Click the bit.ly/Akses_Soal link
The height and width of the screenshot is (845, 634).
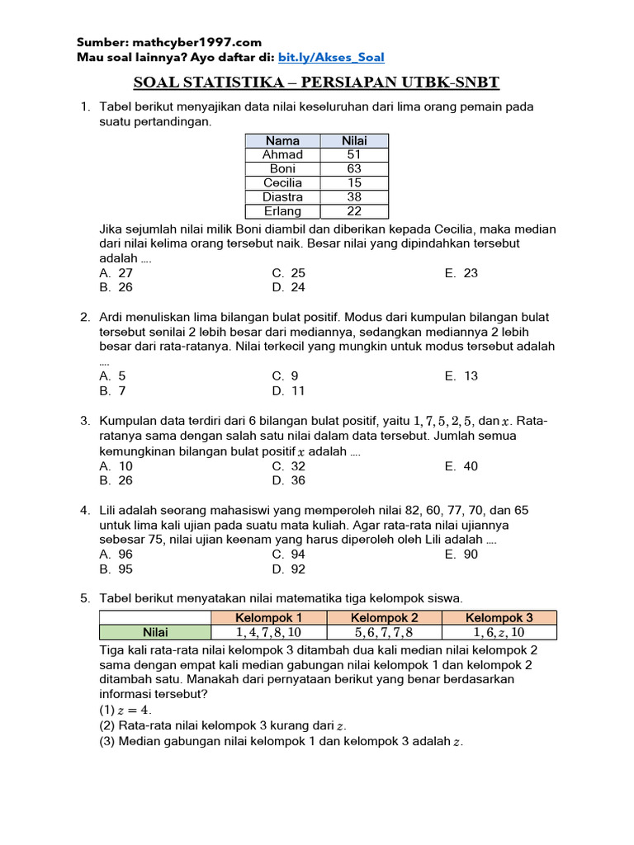click(x=331, y=57)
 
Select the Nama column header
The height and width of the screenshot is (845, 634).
click(x=282, y=140)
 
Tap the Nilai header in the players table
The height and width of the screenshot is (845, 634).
click(x=354, y=140)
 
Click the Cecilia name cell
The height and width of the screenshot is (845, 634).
click(x=282, y=182)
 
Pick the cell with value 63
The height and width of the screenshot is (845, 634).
click(x=354, y=168)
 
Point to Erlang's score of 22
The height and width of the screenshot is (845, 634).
click(x=354, y=210)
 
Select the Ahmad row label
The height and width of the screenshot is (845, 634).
click(x=282, y=154)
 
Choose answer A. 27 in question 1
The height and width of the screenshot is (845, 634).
click(x=116, y=273)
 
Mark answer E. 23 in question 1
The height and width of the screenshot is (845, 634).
click(x=461, y=273)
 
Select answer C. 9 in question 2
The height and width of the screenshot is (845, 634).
click(x=285, y=376)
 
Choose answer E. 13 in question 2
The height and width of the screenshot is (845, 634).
click(x=461, y=376)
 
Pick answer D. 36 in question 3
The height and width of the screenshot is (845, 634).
click(x=289, y=480)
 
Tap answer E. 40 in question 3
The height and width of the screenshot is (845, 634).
click(x=461, y=466)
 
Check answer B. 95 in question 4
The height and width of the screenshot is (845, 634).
click(x=116, y=569)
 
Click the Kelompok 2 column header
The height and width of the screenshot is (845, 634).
click(x=385, y=618)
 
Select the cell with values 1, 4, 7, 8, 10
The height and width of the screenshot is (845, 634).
click(x=269, y=633)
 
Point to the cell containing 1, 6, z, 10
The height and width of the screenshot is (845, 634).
click(x=499, y=633)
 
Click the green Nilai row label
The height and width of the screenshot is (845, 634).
click(x=155, y=633)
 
